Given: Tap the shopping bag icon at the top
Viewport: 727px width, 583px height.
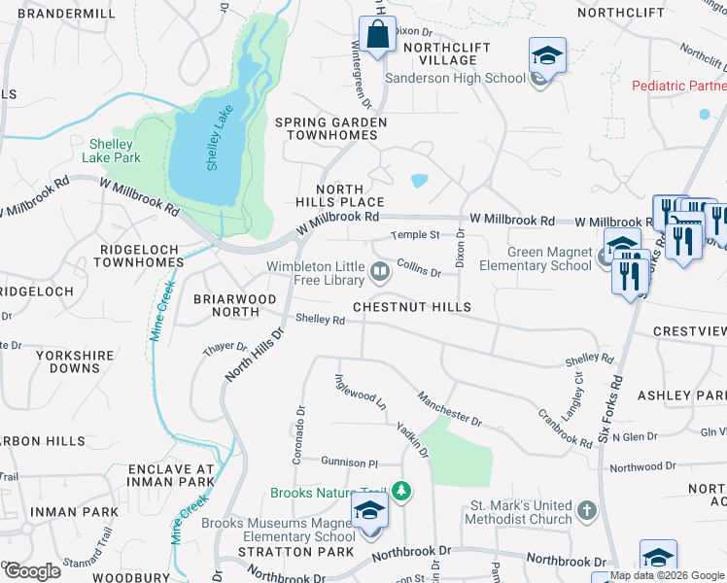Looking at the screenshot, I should point(375,34).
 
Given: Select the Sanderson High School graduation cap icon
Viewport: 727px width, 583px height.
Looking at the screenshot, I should point(547,56).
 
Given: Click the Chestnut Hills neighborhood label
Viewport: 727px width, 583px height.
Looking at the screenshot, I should point(411,307).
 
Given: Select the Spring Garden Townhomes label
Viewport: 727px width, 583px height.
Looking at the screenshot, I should point(330,128).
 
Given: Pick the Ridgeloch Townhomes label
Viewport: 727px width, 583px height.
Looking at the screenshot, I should point(141,256).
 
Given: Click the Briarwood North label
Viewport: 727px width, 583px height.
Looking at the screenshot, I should point(226,305).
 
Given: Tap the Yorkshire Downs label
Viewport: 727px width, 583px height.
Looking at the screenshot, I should point(75,362).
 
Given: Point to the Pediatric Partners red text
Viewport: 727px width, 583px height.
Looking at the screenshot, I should point(678,86).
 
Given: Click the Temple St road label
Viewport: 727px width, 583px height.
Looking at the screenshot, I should point(415,235).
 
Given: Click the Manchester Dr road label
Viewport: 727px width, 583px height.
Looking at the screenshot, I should point(449,409).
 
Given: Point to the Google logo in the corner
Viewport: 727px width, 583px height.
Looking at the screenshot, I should point(33,570).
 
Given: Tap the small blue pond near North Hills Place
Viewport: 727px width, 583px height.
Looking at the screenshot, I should point(418,181).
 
